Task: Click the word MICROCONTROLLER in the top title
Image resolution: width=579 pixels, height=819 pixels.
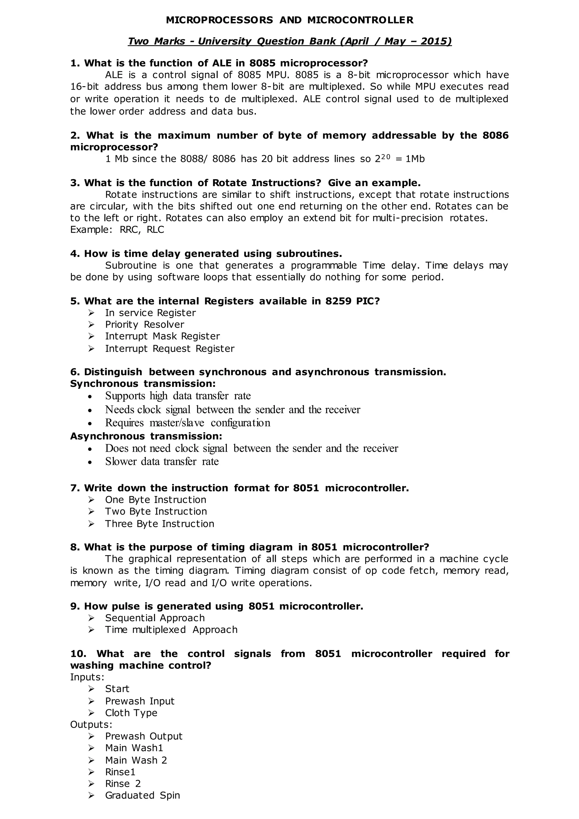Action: click(360, 20)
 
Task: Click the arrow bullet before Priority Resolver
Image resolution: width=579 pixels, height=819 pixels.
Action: click(91, 325)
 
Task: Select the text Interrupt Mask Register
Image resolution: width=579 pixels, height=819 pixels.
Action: click(162, 336)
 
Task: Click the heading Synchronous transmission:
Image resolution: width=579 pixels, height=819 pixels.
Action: click(142, 384)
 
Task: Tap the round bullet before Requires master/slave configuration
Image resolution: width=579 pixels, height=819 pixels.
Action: click(90, 424)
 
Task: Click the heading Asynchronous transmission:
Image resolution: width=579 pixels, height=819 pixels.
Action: click(146, 436)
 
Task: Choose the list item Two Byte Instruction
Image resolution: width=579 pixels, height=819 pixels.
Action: click(156, 512)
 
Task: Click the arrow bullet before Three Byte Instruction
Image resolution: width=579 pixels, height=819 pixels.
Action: click(91, 524)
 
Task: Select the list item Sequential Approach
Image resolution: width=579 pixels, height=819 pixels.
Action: click(155, 618)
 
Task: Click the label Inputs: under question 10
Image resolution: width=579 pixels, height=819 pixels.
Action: click(87, 677)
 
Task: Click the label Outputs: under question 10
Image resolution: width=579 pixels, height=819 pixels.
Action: click(91, 725)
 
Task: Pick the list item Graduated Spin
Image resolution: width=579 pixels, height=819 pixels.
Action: click(142, 796)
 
